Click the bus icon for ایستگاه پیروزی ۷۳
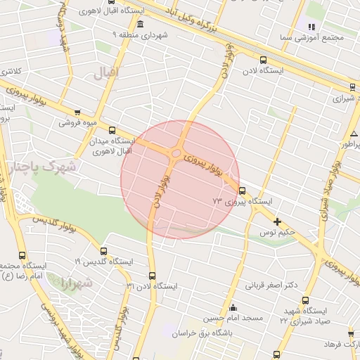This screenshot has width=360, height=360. point(243,190)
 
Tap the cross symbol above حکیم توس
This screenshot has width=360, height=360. point(277,221)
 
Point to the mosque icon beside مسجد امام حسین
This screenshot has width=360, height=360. point(233,308)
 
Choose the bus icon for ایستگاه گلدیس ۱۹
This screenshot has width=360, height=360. point(104,250)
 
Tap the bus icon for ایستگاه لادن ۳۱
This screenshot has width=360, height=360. point(153,276)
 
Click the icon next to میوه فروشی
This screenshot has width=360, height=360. point(77,112)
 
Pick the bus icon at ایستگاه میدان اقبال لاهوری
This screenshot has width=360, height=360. point(112,130)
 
